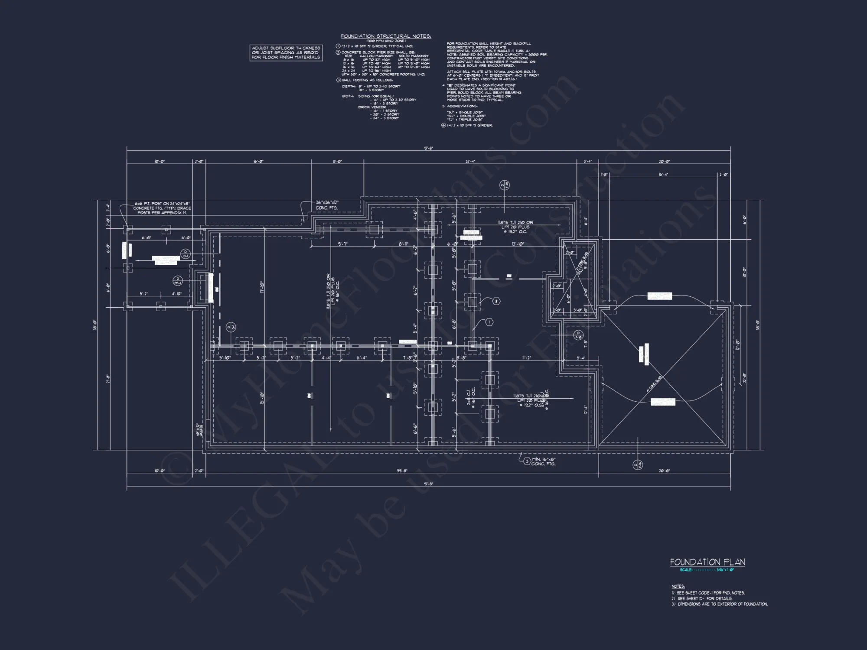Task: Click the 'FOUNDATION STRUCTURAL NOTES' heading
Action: tap(386, 36)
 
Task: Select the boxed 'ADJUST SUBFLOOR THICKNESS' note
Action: tap(286, 53)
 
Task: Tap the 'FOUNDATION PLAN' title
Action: tap(707, 562)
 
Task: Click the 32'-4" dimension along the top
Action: tap(470, 162)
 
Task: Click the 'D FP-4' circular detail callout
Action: tap(178, 281)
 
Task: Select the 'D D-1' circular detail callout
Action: tap(185, 254)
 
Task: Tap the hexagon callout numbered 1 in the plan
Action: tap(489, 322)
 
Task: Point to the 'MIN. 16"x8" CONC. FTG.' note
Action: tap(543, 461)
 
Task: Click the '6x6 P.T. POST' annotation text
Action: tap(162, 208)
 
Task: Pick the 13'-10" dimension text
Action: tap(518, 244)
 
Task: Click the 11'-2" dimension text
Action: tap(526, 358)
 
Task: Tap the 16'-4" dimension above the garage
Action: tap(663, 175)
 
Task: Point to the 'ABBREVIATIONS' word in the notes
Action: tap(462, 106)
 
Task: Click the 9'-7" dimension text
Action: tap(342, 244)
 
